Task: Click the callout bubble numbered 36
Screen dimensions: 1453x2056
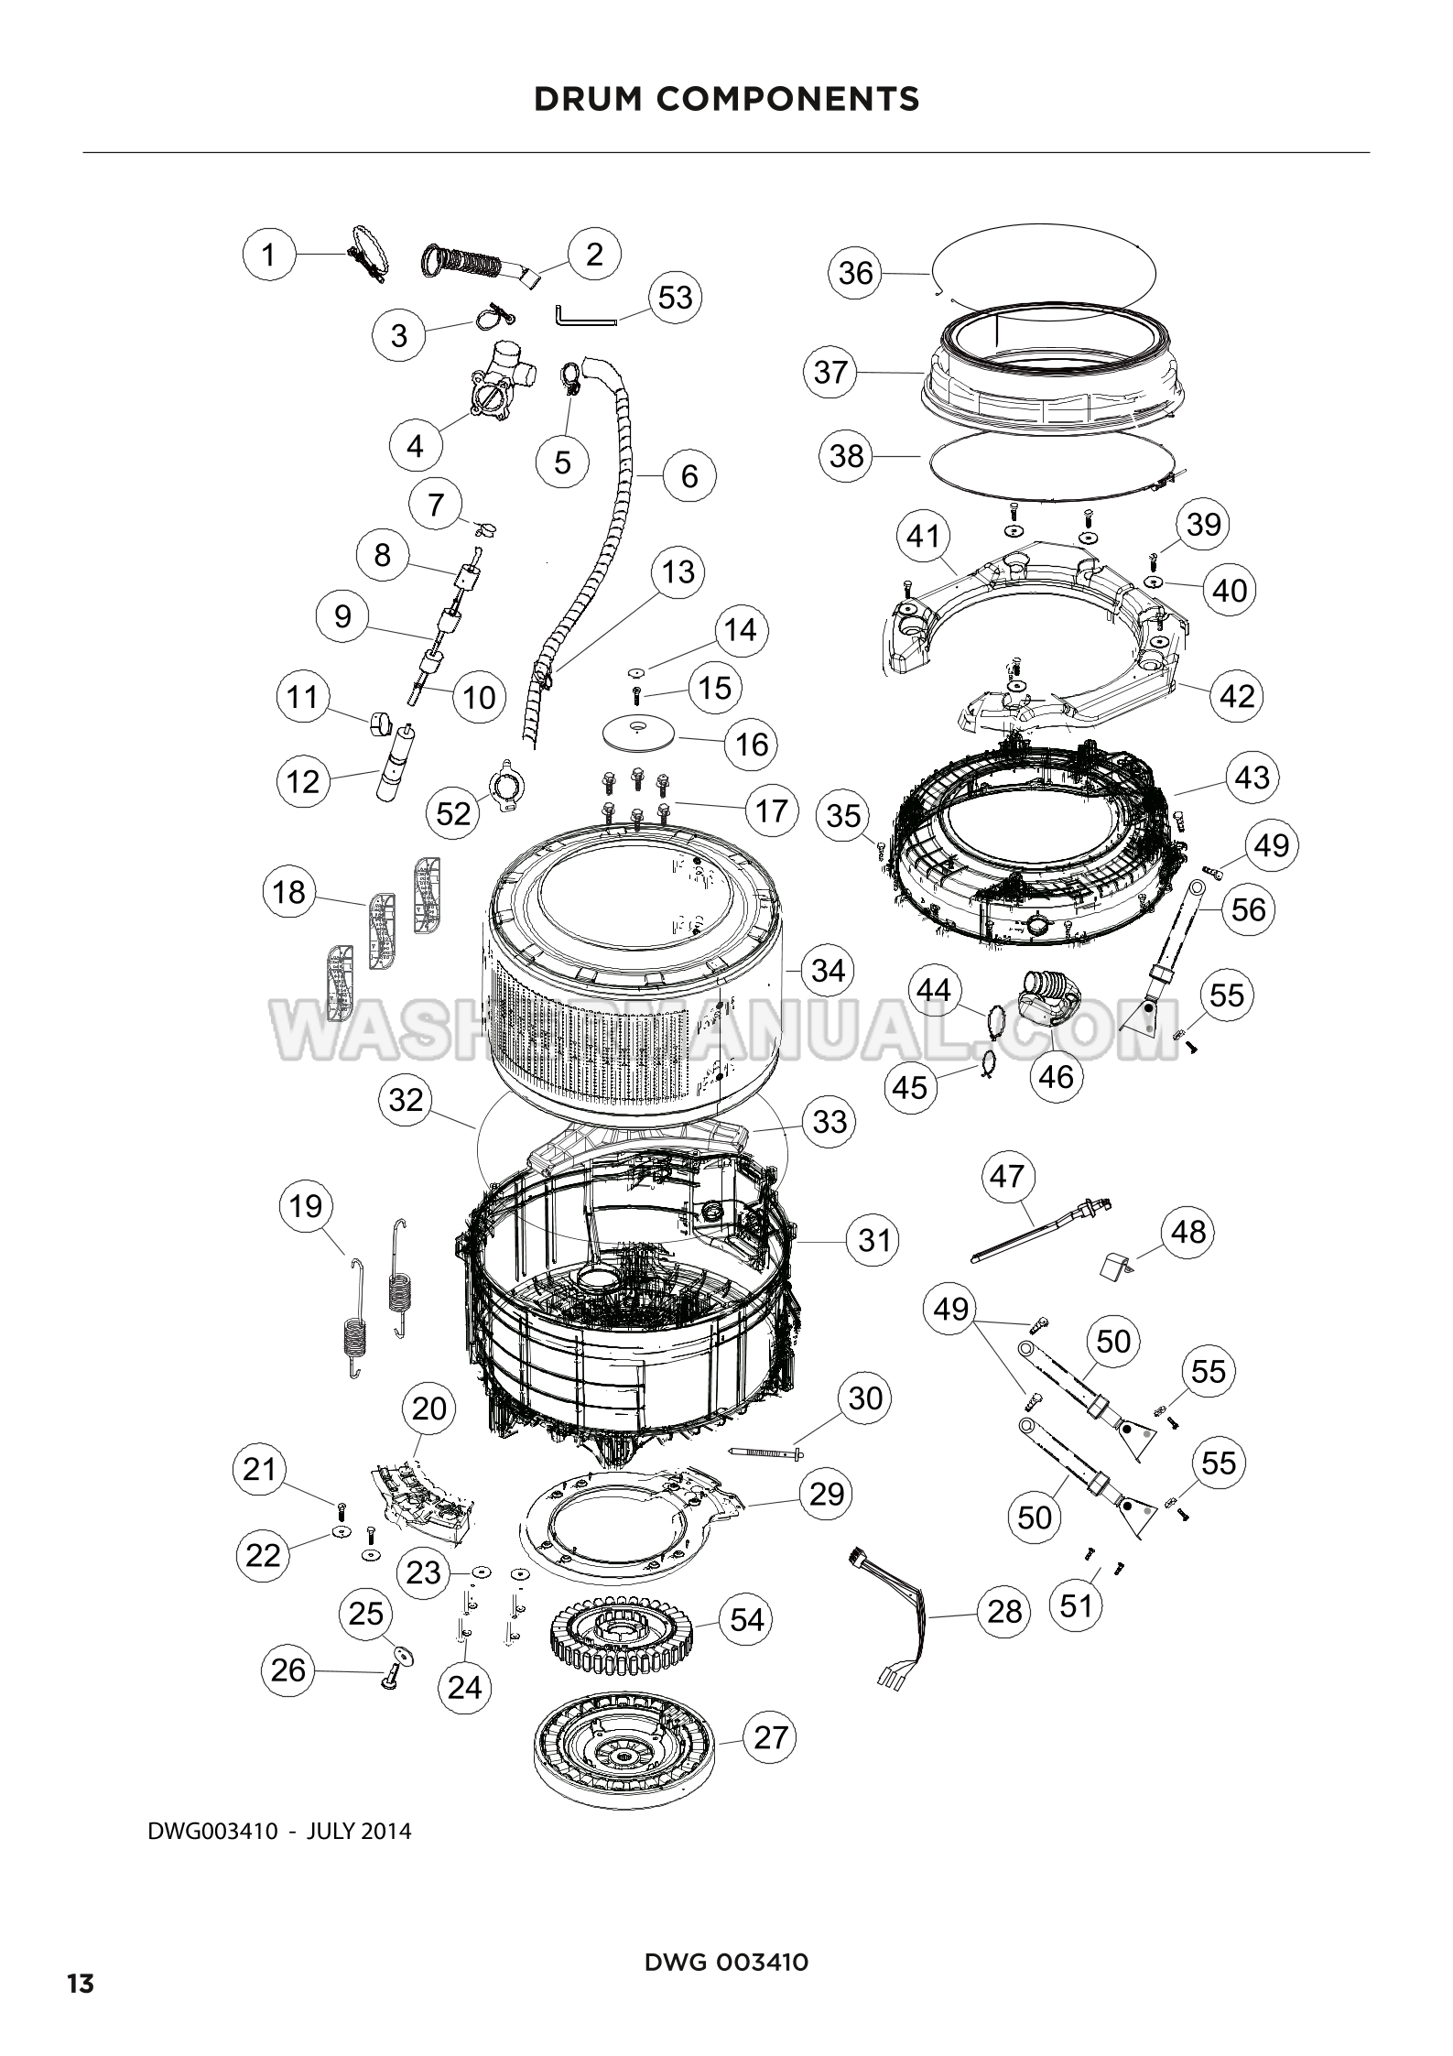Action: (x=855, y=273)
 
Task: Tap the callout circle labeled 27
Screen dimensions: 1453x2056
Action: (x=770, y=1736)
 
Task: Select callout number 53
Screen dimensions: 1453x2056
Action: (x=676, y=297)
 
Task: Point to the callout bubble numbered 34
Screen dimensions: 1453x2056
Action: (x=828, y=970)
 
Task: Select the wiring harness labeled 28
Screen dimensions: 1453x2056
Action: (x=892, y=1623)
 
